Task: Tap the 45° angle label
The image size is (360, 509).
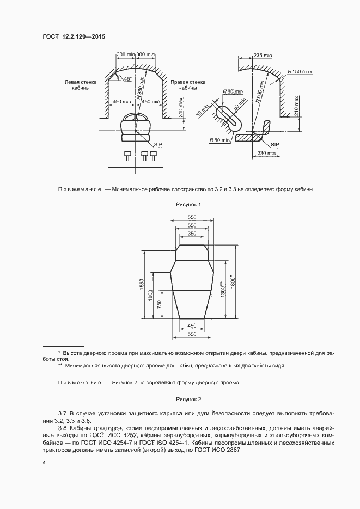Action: point(128,79)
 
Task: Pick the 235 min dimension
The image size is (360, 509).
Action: point(263,55)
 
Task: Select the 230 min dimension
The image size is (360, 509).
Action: point(266,154)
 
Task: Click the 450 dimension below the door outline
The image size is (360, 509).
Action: point(191,326)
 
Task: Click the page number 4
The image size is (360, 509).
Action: point(44,462)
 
